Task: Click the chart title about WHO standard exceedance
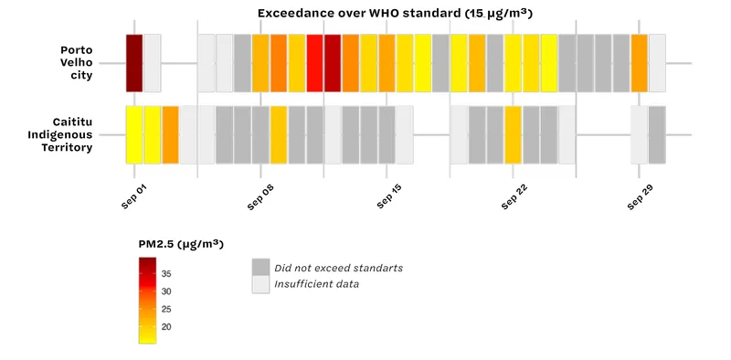pyautogui.click(x=396, y=14)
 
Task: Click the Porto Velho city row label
pyautogui.click(x=76, y=62)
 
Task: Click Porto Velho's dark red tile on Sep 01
pyautogui.click(x=134, y=63)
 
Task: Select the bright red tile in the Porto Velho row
pyautogui.click(x=314, y=63)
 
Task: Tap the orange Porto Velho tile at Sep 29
pyautogui.click(x=639, y=63)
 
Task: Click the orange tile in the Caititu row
pyautogui.click(x=170, y=134)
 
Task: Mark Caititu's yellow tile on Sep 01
pyautogui.click(x=134, y=134)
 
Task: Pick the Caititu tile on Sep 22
pyautogui.click(x=513, y=134)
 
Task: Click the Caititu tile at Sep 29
pyautogui.click(x=639, y=134)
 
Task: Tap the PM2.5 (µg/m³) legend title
pyautogui.click(x=181, y=244)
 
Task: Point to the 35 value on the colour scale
pyautogui.click(x=166, y=274)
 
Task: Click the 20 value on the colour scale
pyautogui.click(x=166, y=327)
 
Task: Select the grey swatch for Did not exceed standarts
pyautogui.click(x=261, y=267)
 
